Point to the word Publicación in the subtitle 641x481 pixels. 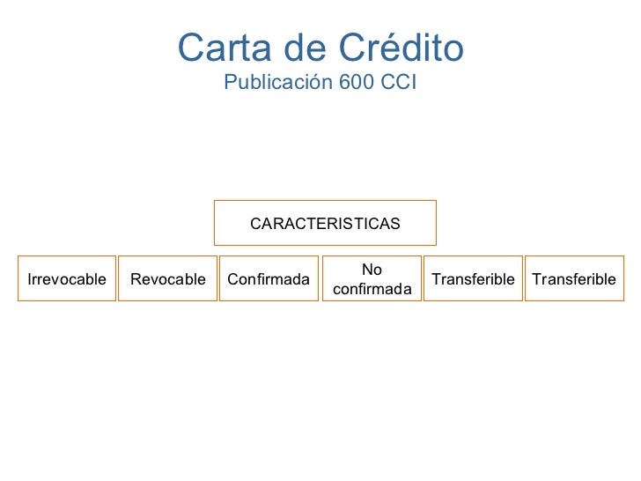point(275,84)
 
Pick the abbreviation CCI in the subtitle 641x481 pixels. point(397,84)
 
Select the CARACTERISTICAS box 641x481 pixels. point(325,224)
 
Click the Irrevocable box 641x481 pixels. point(67,279)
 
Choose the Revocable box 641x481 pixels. point(167,279)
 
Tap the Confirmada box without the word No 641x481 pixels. point(269,279)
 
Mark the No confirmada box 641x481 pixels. point(372,279)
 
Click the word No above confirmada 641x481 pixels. point(372,270)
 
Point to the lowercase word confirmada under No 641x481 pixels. point(372,289)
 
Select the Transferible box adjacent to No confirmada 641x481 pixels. point(473,279)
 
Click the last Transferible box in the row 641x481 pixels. point(574,279)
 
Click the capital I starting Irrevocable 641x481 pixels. point(31,279)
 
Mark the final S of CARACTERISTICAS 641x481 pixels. point(395,224)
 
